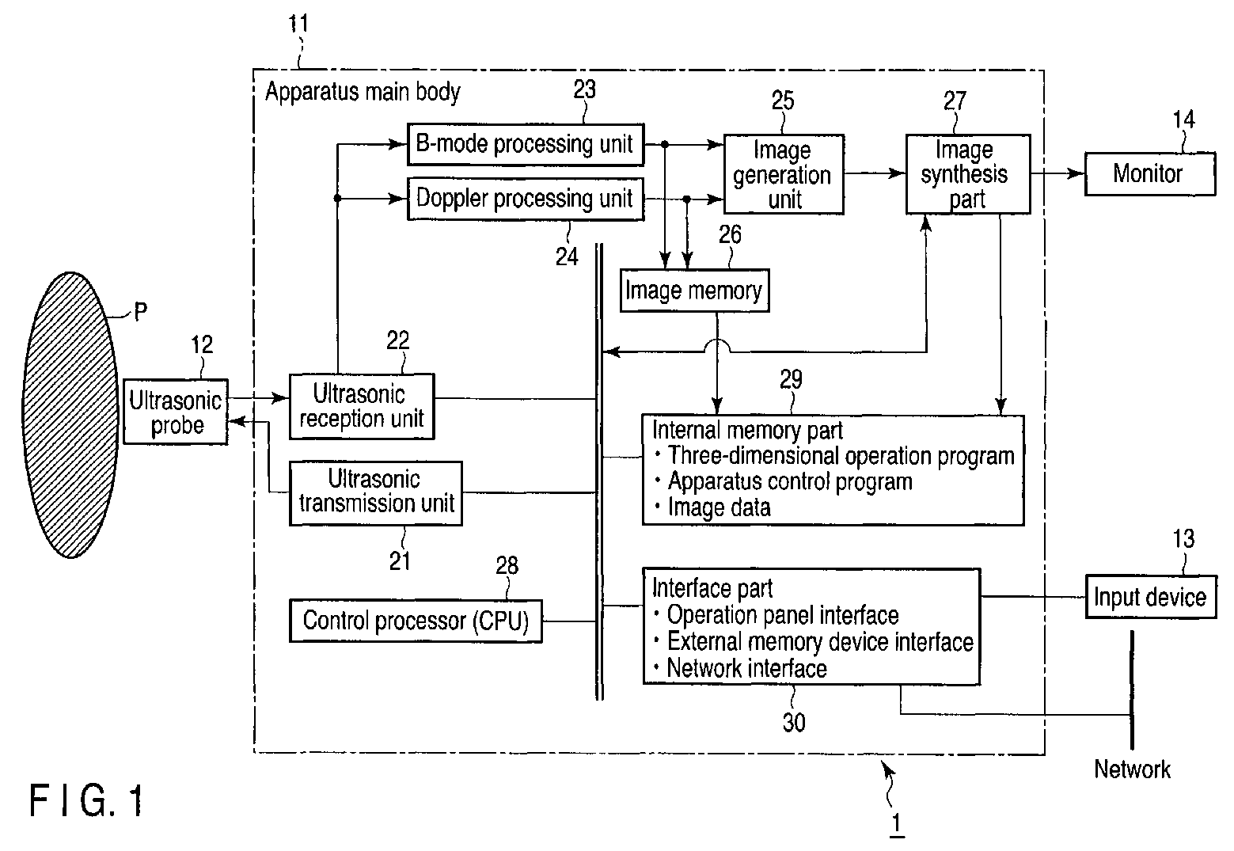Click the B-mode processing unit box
pyautogui.click(x=526, y=144)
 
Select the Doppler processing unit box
pyautogui.click(x=526, y=199)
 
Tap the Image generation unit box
pyautogui.click(x=784, y=174)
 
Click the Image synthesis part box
pyautogui.click(x=968, y=174)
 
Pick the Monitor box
pyautogui.click(x=1150, y=174)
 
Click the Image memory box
pyautogui.click(x=695, y=291)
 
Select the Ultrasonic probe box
pyautogui.click(x=176, y=412)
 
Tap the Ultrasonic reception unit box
pyautogui.click(x=362, y=406)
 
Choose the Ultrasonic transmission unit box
pyautogui.click(x=376, y=493)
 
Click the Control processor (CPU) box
pyautogui.click(x=416, y=621)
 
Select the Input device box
pyautogui.click(x=1151, y=597)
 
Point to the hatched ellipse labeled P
pyautogui.click(x=70, y=415)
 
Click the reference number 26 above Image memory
pyautogui.click(x=730, y=234)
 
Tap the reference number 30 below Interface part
pyautogui.click(x=794, y=722)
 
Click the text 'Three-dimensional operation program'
pyautogui.click(x=841, y=456)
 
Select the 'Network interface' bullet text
pyautogui.click(x=747, y=669)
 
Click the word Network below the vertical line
pyautogui.click(x=1132, y=769)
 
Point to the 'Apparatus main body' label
pyautogui.click(x=363, y=92)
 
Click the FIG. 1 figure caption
pyautogui.click(x=86, y=800)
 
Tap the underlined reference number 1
pyautogui.click(x=896, y=824)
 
